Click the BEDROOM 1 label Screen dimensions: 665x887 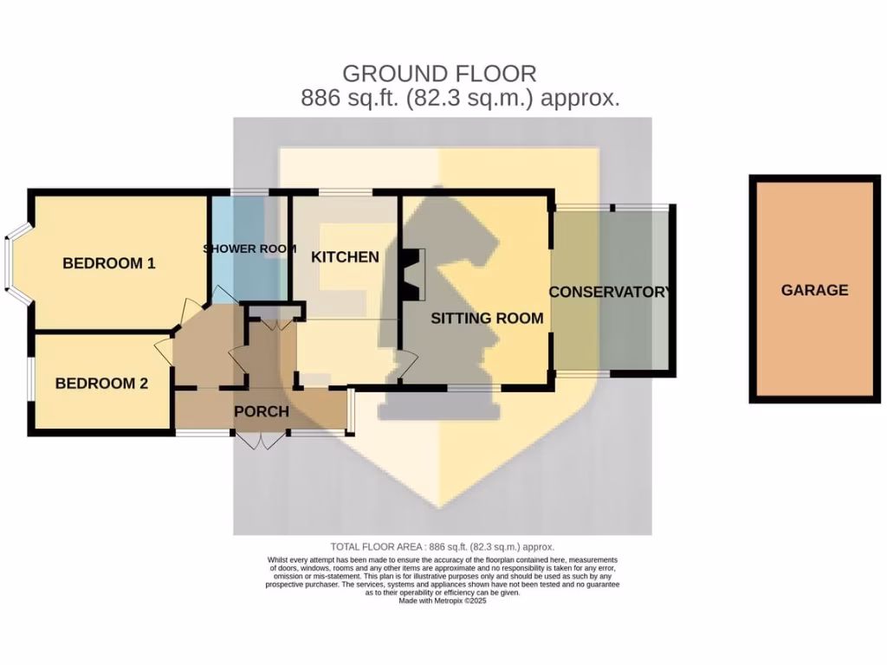[x=108, y=263]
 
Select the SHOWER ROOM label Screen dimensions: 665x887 [x=249, y=249]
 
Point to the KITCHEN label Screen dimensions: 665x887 [x=345, y=257]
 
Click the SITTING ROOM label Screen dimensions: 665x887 [x=487, y=318]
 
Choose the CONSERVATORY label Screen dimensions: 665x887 [x=610, y=292]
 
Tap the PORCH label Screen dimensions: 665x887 [x=261, y=411]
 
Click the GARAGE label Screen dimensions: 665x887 [x=814, y=290]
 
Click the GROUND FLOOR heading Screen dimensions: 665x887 [x=439, y=74]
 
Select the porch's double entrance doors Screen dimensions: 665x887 [x=260, y=441]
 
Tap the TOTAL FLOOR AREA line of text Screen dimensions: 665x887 [x=442, y=546]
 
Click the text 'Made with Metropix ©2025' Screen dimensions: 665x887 [x=442, y=600]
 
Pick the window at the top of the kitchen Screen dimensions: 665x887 [x=345, y=192]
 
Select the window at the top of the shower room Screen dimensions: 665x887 [x=249, y=192]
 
